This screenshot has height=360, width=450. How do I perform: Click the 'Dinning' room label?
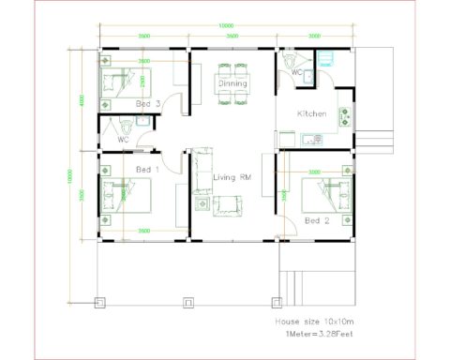(233, 83)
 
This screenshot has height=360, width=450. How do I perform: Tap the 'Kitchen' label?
(311, 113)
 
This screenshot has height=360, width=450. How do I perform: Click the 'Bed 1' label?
(148, 169)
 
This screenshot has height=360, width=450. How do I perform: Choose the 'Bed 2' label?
(317, 221)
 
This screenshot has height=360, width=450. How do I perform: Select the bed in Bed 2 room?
(327, 196)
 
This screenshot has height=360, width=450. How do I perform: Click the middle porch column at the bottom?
(188, 302)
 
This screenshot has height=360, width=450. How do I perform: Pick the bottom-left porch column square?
(100, 302)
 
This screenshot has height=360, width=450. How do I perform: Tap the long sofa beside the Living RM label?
(198, 170)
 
